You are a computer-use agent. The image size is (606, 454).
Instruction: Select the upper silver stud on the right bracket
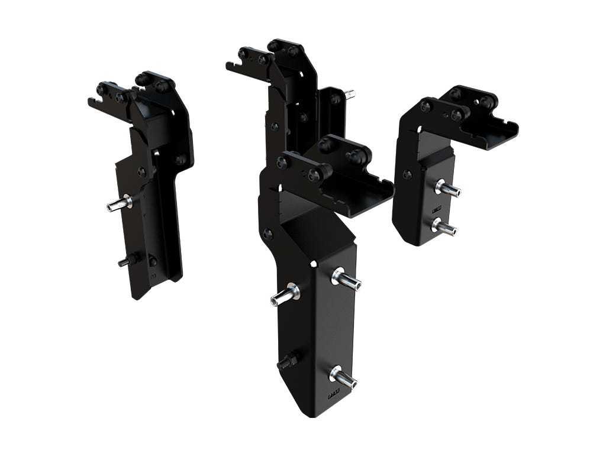(448, 190)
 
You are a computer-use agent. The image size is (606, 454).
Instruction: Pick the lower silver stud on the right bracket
(445, 226)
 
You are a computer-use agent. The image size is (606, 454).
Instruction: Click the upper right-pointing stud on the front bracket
(347, 278)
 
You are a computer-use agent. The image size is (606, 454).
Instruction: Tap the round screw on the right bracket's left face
(407, 174)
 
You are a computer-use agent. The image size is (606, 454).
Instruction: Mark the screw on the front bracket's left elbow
(268, 234)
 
